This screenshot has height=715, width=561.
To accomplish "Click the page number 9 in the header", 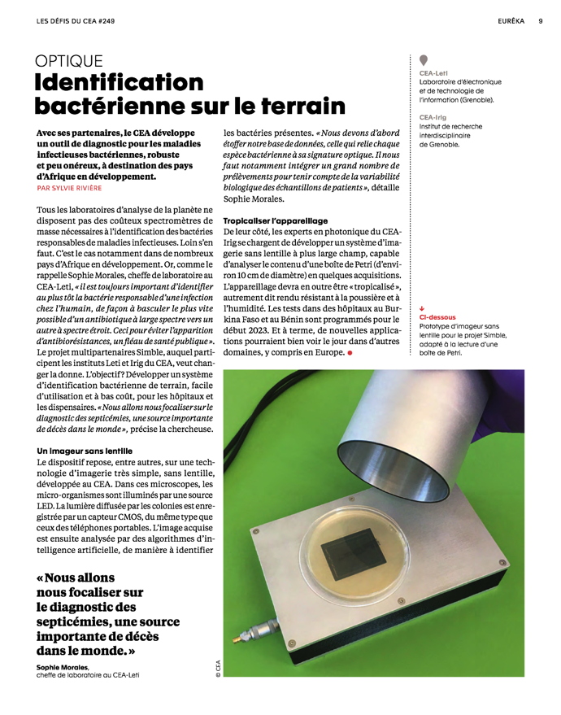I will pyautogui.click(x=541, y=22).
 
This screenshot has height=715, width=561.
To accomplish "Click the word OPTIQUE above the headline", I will pyautogui.click(x=69, y=61).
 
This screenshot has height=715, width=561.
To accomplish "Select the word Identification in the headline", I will pyautogui.click(x=119, y=83).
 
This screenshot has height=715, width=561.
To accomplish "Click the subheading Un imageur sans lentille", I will pyautogui.click(x=85, y=450).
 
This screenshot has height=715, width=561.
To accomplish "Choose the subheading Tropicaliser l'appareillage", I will pyautogui.click(x=276, y=220).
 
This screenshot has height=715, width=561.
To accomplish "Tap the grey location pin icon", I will pyautogui.click(x=424, y=61).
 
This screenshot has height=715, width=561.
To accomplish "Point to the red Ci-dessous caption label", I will pyautogui.click(x=437, y=317).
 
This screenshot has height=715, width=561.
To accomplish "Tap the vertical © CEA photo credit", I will pyautogui.click(x=218, y=667).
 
